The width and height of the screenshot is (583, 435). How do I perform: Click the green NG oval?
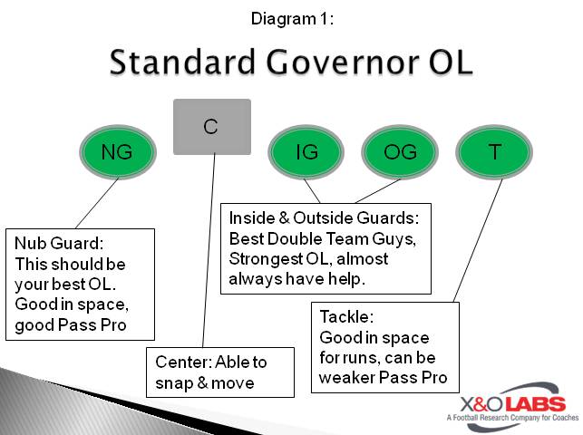(117, 152)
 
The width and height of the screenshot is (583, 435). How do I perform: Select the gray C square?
(211, 126)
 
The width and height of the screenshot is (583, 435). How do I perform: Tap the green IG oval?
(307, 152)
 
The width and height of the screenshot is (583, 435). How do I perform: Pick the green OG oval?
(401, 152)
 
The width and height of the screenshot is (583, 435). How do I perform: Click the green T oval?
(494, 152)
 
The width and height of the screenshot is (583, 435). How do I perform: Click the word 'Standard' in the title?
(183, 63)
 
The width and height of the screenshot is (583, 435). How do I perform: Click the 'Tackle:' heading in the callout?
(346, 318)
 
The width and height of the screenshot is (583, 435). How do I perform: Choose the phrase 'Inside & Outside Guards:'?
(324, 218)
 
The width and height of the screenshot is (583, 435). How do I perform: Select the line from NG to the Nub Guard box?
(96, 203)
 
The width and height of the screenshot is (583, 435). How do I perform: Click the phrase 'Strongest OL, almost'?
(308, 259)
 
